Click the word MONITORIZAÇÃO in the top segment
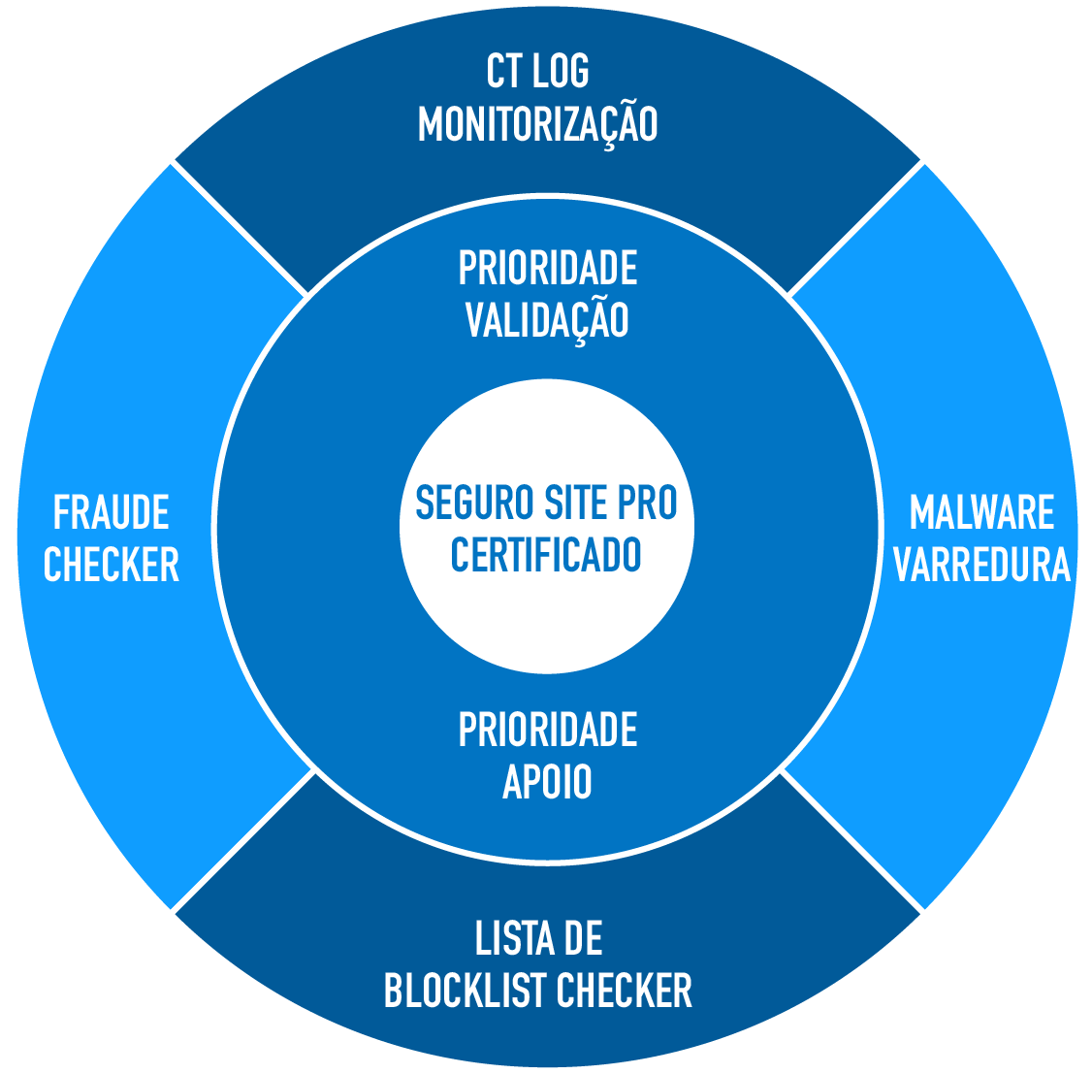click(537, 123)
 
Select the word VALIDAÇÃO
click(547, 319)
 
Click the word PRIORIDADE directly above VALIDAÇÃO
click(547, 269)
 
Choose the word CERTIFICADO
click(546, 555)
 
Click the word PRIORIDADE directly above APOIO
click(547, 730)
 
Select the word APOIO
click(547, 782)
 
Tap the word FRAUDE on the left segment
click(112, 512)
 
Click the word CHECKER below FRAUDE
click(112, 565)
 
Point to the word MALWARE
click(981, 512)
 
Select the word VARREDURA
click(981, 565)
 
